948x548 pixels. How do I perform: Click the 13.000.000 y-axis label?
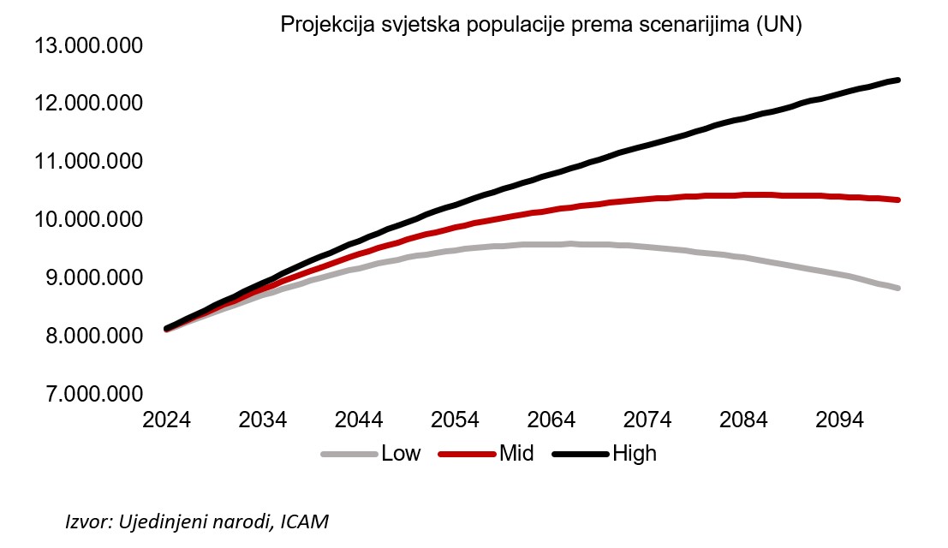(x=87, y=45)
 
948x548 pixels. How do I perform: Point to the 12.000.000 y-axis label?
(x=87, y=104)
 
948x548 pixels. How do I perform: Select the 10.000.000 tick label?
(x=87, y=220)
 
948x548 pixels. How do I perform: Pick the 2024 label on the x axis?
(x=168, y=421)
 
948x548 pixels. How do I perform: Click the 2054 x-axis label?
(x=455, y=421)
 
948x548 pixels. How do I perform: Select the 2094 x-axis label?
(x=838, y=421)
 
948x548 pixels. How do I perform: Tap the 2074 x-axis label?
(x=647, y=421)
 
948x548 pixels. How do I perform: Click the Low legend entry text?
(x=401, y=453)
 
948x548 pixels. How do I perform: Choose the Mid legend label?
(x=516, y=453)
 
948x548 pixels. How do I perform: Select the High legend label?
(x=635, y=453)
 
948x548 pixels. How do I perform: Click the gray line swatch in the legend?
(x=349, y=454)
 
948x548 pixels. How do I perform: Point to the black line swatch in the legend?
(x=580, y=454)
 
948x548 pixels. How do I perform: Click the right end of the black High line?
(x=897, y=80)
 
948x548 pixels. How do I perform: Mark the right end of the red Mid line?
(x=897, y=200)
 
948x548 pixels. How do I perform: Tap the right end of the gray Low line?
(x=897, y=288)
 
